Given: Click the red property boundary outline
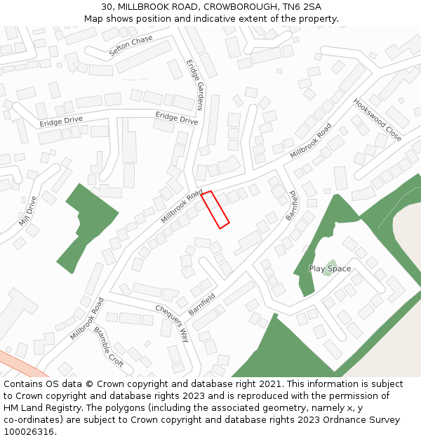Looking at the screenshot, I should (x=215, y=209).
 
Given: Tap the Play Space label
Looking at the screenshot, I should (x=330, y=269).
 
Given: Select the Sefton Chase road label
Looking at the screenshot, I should (x=131, y=46).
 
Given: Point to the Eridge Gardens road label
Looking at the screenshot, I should (x=194, y=84).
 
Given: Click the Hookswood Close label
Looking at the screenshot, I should (x=377, y=119).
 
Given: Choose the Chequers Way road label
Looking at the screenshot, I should (x=173, y=324).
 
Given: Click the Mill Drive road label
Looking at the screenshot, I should (x=28, y=216).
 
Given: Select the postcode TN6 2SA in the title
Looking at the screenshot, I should (x=302, y=6).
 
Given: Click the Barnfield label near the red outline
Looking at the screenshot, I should (x=292, y=206).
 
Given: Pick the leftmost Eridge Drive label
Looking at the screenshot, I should (x=61, y=122).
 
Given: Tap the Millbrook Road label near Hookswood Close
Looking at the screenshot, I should (x=311, y=140).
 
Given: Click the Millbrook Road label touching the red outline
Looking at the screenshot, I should (x=182, y=206).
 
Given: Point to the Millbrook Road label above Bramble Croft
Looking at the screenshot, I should (x=87, y=319).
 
